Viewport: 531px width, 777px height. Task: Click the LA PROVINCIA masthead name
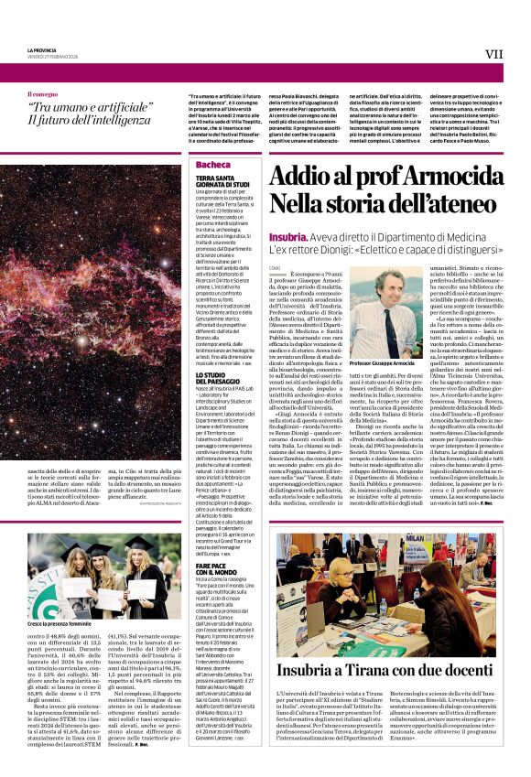tap(40, 49)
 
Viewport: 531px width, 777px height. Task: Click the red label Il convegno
tap(41, 93)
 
